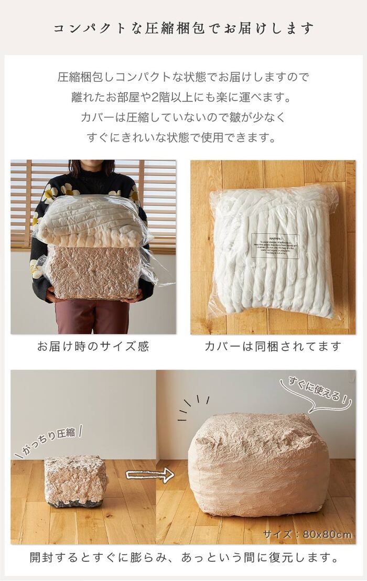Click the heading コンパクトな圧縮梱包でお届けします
[183, 28]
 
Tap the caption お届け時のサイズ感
[93, 347]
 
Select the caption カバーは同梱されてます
[273, 347]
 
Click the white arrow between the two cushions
[149, 475]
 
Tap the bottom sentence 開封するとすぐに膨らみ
[183, 558]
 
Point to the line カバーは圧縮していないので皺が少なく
[183, 117]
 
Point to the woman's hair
[92, 167]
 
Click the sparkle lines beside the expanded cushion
[191, 406]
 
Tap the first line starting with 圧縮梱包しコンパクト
[183, 77]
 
